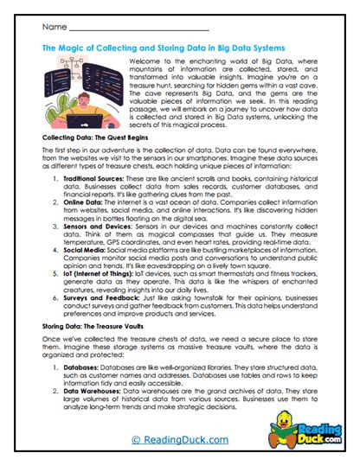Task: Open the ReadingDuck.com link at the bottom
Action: coord(181,441)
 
